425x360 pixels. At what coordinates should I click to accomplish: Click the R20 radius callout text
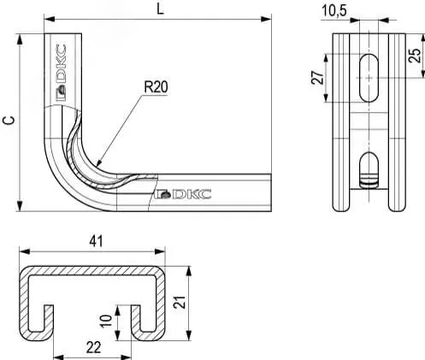[156, 87]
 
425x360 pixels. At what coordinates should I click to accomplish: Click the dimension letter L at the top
[161, 9]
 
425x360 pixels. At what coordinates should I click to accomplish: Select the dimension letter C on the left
[9, 120]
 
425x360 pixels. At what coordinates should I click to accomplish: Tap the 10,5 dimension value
[334, 11]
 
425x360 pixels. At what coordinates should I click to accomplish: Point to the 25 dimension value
[415, 56]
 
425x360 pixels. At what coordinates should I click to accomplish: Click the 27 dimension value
[318, 78]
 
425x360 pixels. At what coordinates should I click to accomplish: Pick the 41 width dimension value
[96, 241]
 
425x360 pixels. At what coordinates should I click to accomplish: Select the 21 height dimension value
[180, 303]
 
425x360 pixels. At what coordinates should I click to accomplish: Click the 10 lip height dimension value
[106, 322]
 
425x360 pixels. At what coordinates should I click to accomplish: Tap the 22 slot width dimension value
[93, 348]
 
